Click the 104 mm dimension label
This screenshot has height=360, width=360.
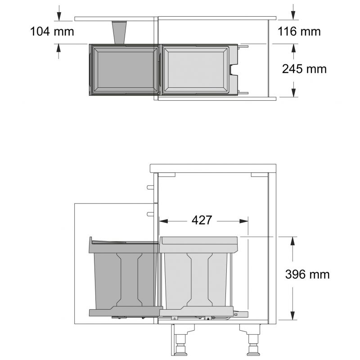(52, 31)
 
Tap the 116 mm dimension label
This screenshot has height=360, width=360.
(299, 31)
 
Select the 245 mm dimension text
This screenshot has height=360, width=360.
(304, 69)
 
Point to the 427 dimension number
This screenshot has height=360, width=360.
(202, 220)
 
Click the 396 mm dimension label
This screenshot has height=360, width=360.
(307, 274)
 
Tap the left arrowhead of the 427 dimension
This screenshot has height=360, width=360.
(163, 221)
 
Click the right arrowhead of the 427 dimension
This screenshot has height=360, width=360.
(244, 221)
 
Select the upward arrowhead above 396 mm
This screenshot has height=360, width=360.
(292, 241)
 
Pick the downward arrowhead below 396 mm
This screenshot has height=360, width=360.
(292, 315)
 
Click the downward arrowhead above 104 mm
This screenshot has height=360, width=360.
(59, 17)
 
